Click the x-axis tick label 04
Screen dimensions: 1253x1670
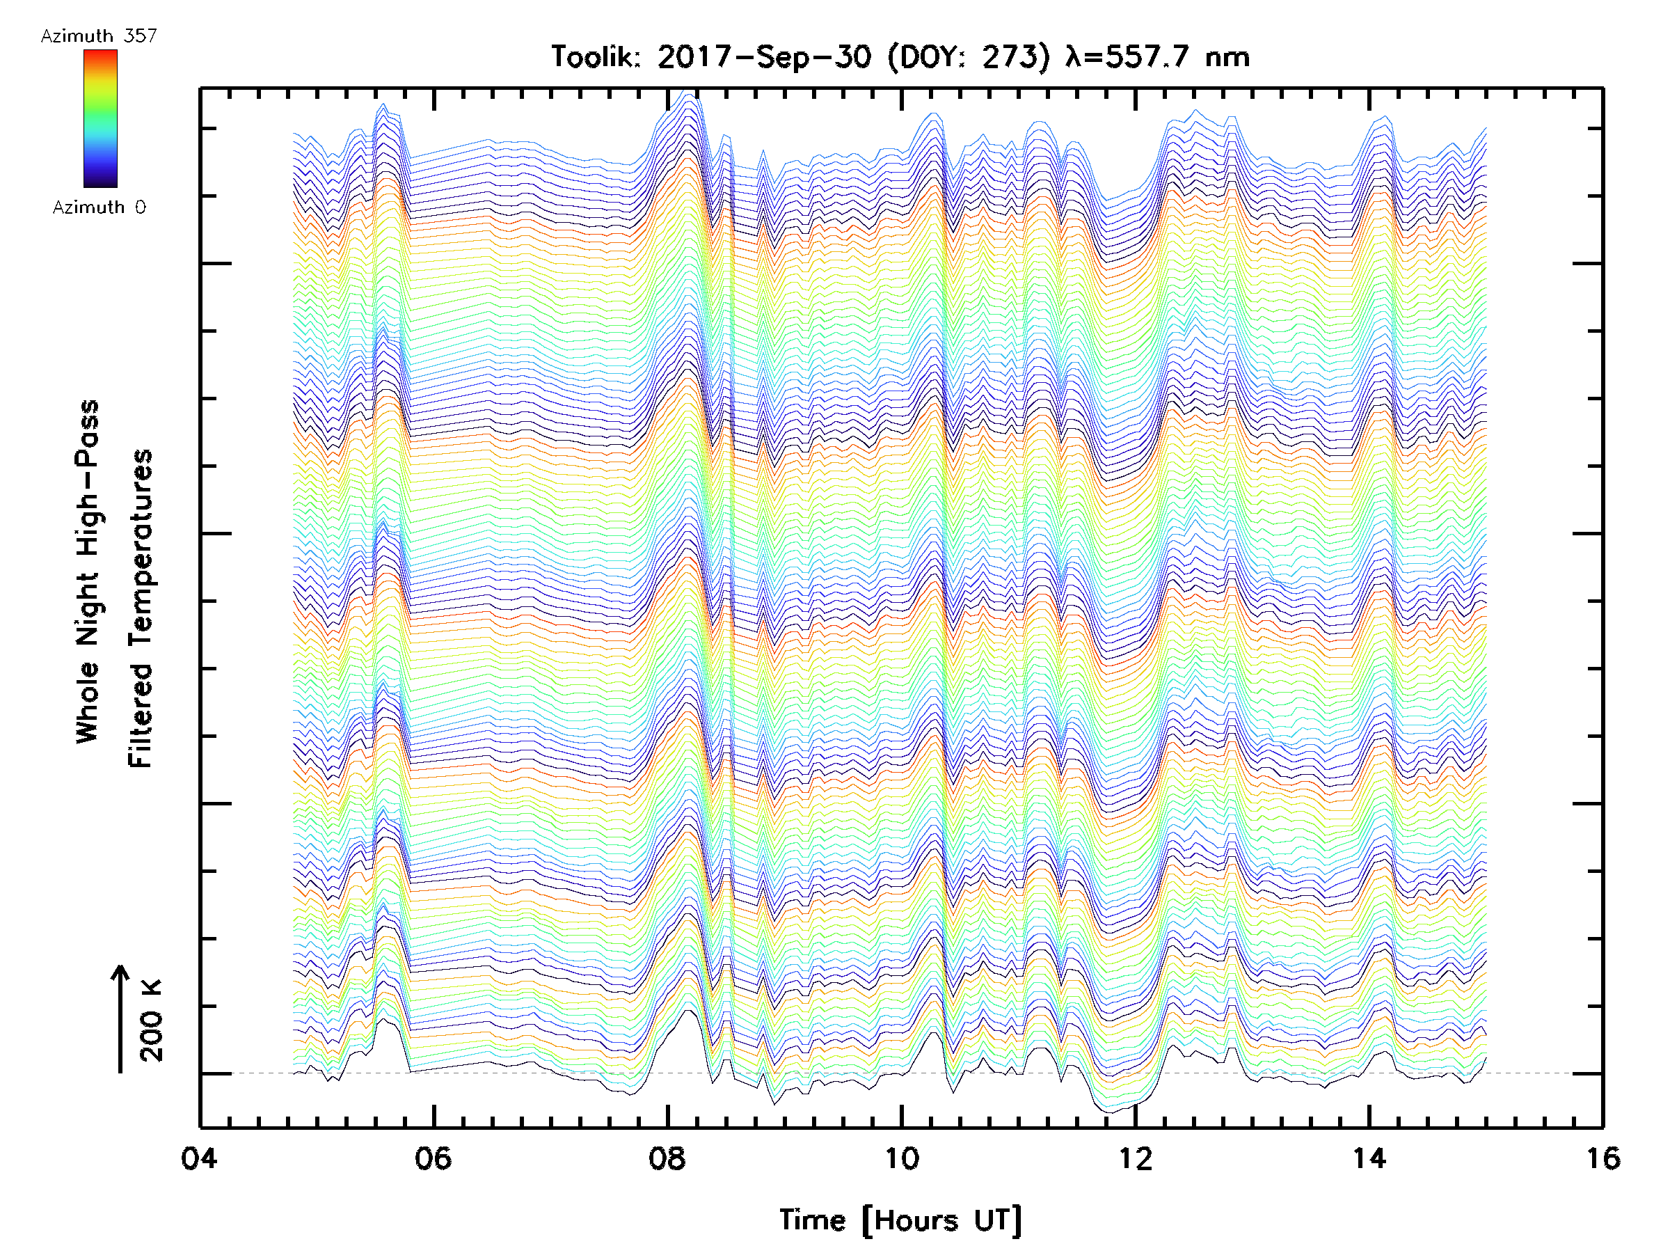(x=199, y=1158)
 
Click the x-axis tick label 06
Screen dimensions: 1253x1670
(x=434, y=1158)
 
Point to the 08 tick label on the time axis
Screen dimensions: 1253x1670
(x=667, y=1158)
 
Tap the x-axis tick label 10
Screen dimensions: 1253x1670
(x=901, y=1158)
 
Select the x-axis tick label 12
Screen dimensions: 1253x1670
(x=1136, y=1158)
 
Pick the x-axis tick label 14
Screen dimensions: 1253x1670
(x=1369, y=1158)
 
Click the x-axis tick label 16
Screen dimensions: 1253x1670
(x=1603, y=1158)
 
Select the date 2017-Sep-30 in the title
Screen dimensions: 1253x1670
(x=764, y=57)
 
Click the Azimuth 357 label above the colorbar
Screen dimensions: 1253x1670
(x=99, y=36)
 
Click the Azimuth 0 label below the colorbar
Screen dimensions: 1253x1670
(x=99, y=207)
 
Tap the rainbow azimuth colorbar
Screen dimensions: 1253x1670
(x=100, y=118)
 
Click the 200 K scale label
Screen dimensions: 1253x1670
(x=152, y=1020)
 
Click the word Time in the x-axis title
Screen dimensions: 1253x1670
(x=812, y=1220)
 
